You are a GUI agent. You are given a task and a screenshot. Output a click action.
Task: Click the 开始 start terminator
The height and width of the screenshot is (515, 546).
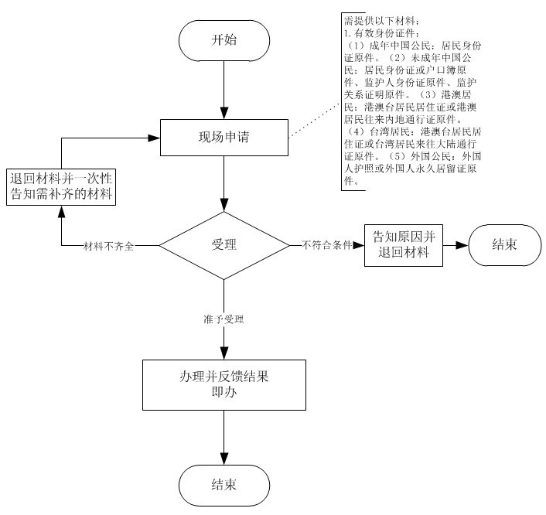224,40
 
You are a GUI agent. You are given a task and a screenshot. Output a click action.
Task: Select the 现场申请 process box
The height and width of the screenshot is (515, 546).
224,139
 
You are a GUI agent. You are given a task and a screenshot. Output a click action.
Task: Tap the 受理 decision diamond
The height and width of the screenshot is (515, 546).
224,245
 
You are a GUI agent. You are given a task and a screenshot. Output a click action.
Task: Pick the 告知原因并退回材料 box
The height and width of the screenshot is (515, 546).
404,245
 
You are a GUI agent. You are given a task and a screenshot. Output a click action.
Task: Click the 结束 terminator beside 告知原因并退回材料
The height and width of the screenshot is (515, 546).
505,245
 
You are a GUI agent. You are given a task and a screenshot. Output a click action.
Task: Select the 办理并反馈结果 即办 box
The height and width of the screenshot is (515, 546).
224,384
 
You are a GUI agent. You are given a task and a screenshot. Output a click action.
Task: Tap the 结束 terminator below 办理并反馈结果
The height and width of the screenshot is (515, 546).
224,485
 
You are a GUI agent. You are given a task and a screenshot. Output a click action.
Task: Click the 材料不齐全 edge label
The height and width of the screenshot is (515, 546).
109,246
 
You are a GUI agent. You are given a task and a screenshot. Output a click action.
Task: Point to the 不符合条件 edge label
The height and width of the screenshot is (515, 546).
326,245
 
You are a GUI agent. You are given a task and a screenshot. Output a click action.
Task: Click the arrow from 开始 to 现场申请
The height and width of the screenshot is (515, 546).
224,89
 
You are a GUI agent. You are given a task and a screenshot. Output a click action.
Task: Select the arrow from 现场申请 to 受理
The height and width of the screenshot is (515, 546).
224,186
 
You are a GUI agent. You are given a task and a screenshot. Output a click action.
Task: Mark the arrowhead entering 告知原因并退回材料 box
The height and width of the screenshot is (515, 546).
360,245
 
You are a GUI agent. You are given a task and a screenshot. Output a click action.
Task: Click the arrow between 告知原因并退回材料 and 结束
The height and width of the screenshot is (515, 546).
456,245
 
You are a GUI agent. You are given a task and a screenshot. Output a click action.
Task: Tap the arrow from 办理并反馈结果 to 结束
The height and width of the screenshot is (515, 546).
224,437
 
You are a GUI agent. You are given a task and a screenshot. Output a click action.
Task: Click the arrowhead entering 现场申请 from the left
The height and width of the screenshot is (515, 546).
155,139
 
